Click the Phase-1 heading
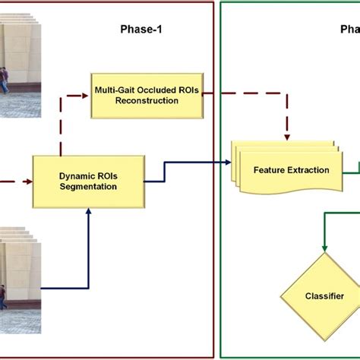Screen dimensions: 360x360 point(141,30)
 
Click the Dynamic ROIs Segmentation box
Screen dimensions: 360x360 point(87,182)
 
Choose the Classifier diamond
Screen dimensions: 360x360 point(324,296)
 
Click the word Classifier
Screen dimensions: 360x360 point(324,296)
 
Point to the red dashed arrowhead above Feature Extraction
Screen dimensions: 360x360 point(287,137)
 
